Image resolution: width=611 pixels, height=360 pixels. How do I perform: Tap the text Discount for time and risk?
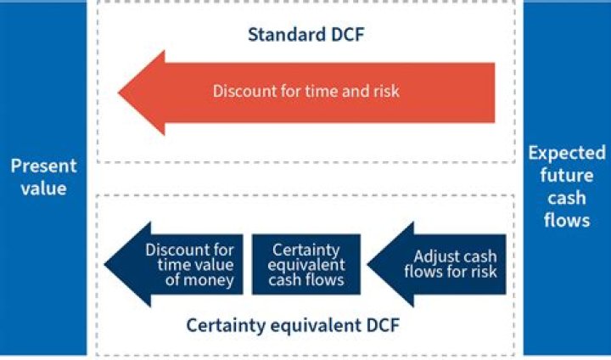click(306, 91)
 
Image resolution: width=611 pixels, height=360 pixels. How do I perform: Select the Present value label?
click(43, 177)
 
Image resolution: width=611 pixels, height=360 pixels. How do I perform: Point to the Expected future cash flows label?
click(567, 187)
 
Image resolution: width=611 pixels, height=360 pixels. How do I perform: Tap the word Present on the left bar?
click(43, 166)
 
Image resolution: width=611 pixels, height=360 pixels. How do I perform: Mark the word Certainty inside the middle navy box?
click(306, 250)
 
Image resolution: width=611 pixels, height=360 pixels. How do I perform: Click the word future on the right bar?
click(567, 176)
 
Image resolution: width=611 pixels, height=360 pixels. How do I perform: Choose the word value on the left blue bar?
click(43, 188)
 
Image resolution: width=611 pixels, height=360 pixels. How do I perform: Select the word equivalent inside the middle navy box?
click(306, 265)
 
